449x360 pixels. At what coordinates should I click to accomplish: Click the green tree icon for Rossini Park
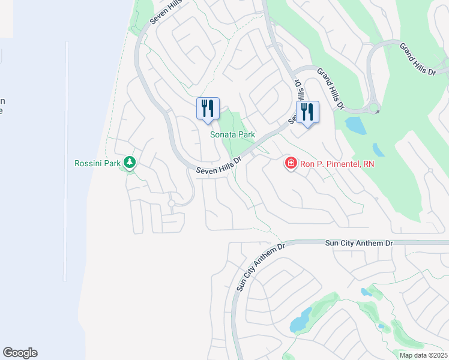(x=130, y=162)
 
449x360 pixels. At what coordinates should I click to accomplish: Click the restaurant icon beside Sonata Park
(x=208, y=109)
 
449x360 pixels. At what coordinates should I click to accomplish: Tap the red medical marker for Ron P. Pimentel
(x=291, y=163)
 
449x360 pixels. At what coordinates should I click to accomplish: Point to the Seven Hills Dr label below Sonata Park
(x=219, y=166)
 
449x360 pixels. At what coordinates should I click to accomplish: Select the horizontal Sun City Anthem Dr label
(x=359, y=243)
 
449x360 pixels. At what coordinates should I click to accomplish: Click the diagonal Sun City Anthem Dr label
(x=259, y=268)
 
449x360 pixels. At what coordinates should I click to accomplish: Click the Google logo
(x=20, y=353)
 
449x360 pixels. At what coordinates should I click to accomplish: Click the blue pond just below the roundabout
(x=355, y=125)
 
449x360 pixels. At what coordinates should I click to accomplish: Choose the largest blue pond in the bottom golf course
(x=301, y=320)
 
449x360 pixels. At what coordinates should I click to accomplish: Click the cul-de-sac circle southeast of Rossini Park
(x=172, y=204)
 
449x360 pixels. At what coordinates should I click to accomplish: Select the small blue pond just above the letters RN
(x=378, y=149)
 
